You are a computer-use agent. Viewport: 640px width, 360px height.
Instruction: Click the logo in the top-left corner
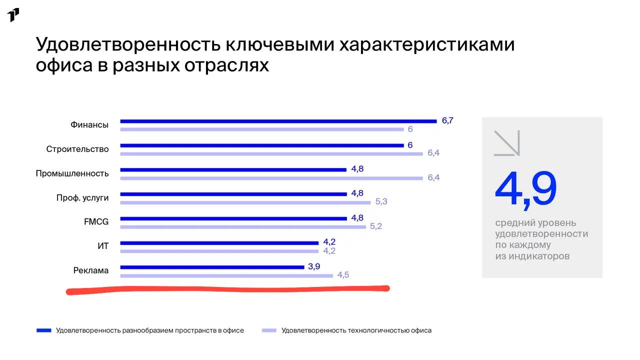pos(13,15)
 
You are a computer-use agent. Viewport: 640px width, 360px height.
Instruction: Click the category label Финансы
pos(89,125)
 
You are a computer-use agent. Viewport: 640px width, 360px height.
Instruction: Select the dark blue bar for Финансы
pos(278,121)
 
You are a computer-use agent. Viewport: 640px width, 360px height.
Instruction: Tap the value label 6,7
pos(447,120)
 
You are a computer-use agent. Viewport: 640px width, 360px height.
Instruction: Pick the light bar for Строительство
pos(271,154)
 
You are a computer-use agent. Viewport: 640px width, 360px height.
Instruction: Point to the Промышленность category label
pos(72,173)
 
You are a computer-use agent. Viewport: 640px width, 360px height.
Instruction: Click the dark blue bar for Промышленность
pos(233,170)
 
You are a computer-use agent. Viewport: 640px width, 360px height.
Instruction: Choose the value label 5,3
pos(381,201)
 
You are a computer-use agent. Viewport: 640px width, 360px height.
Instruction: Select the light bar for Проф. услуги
pos(245,203)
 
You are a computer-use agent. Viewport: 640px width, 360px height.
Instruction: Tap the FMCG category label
pos(96,221)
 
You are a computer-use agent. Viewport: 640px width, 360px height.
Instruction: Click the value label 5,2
pos(375,226)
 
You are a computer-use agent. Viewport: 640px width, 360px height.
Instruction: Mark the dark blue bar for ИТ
pos(219,243)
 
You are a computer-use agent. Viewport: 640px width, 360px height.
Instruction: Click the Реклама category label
pos(91,270)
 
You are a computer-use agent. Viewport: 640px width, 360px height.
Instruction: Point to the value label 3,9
pos(313,266)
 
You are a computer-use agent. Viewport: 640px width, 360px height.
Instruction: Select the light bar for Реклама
pos(226,276)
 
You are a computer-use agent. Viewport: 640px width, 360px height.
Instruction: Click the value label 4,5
pos(343,275)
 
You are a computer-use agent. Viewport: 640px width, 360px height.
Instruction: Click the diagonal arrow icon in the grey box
pos(507,143)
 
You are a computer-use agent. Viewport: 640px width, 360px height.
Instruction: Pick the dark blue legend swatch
pos(43,330)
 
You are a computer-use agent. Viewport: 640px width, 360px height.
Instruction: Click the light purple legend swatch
pos(269,330)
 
